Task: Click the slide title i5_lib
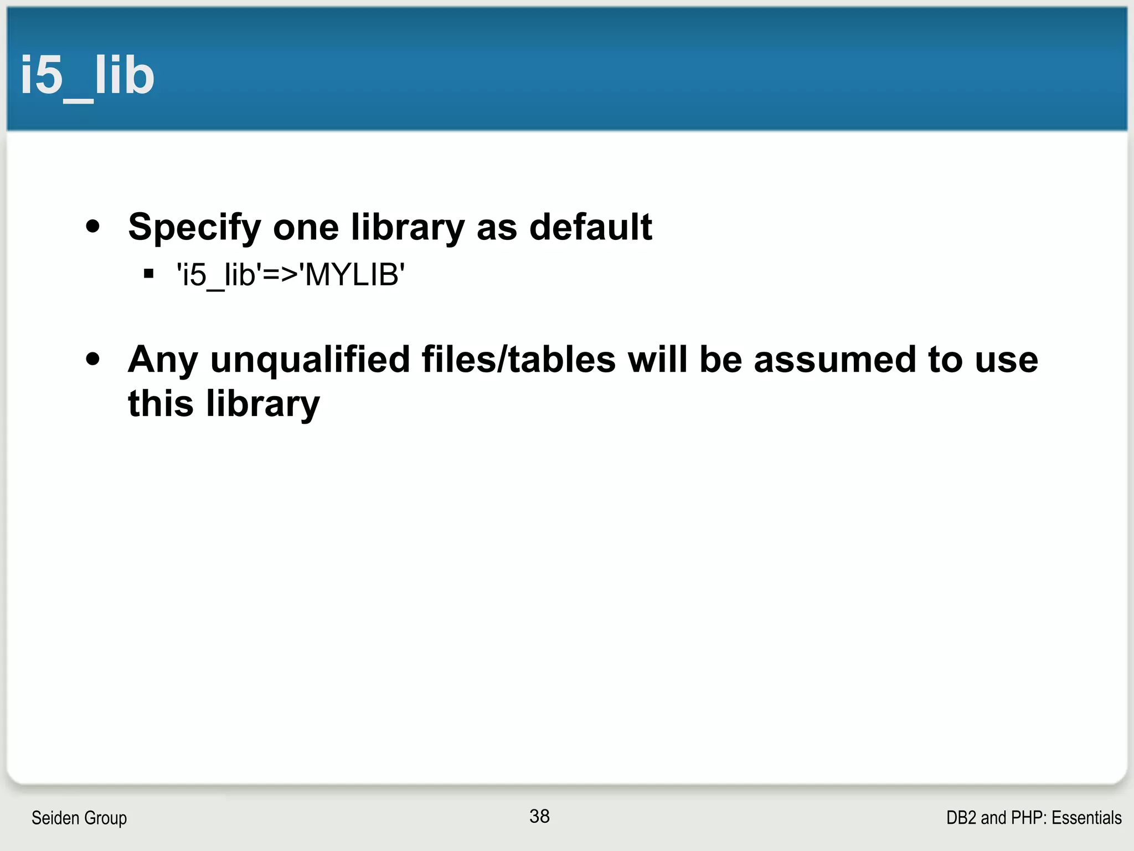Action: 87,76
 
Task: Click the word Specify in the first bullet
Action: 194,227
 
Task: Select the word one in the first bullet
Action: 306,227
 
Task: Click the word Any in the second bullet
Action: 162,360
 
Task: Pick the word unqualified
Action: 310,360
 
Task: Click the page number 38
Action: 539,816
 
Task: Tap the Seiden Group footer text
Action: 79,818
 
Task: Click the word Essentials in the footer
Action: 1086,818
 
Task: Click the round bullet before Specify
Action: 93,227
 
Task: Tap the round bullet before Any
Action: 93,359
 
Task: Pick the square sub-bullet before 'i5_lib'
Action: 148,274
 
